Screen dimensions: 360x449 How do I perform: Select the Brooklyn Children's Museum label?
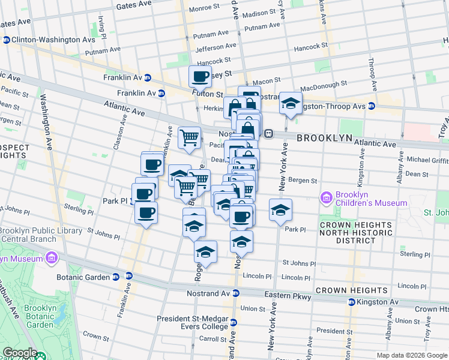371,199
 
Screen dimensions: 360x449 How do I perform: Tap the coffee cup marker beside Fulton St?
200,76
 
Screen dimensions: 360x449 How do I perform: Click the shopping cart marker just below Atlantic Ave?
190,137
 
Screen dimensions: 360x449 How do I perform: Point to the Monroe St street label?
204,8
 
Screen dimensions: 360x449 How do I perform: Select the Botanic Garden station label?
88,277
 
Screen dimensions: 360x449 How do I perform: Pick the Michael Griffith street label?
427,160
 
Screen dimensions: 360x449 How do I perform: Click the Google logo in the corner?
20,353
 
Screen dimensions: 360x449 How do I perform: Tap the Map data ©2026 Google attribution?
411,355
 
